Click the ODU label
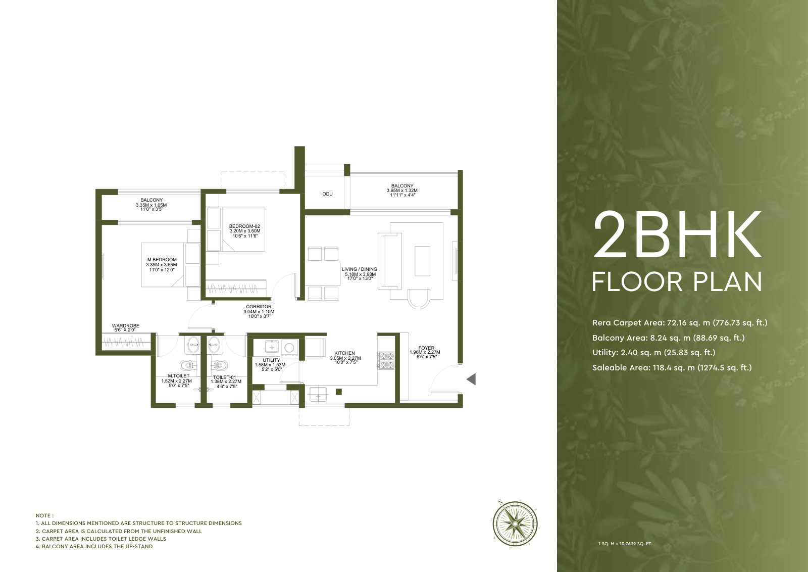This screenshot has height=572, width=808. point(327,194)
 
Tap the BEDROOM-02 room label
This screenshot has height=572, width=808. point(244,226)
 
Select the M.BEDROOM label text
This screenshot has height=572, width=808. point(162,260)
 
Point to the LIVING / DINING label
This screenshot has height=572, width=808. point(359,269)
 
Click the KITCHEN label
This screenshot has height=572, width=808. point(344,353)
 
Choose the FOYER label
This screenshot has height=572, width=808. point(426,348)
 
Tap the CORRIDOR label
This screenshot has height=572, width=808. point(259,307)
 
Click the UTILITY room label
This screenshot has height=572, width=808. point(271,360)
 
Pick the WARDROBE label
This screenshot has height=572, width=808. point(126,325)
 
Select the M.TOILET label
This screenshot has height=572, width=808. point(179,375)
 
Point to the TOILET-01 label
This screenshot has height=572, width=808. point(224,377)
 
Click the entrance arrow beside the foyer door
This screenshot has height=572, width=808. point(471,379)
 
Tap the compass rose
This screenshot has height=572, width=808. point(515,523)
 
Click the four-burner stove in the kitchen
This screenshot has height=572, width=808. point(386,360)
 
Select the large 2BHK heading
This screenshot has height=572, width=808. point(677,234)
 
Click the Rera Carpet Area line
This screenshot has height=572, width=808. point(680,322)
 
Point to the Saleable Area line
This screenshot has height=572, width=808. point(672,368)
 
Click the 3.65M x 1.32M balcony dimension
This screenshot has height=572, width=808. point(402,190)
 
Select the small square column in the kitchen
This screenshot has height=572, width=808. point(338,392)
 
